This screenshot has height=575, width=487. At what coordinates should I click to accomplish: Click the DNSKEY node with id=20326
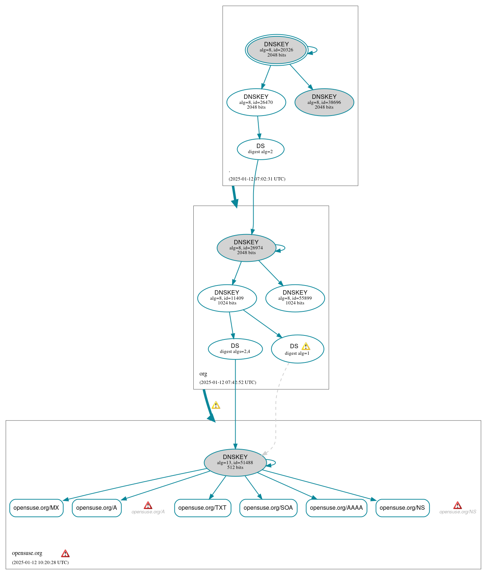pos(277,50)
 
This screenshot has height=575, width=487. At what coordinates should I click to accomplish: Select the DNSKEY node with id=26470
pos(256,102)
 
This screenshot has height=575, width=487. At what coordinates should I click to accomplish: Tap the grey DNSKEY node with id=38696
pos(324,102)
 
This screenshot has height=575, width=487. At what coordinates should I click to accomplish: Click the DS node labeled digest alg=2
pos(260,149)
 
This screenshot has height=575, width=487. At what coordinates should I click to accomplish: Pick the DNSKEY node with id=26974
pos(246,248)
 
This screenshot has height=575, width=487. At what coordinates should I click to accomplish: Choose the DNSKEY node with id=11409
pos(227,298)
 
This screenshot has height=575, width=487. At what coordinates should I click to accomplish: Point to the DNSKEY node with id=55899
pos(295,298)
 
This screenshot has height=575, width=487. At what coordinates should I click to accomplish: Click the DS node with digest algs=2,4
pos(235,349)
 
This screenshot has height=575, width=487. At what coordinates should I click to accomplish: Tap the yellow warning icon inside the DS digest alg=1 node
pos(306,346)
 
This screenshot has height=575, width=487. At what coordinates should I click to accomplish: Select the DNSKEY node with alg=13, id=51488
pos(235,462)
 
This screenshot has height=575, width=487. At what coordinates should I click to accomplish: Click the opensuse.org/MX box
pos(36,508)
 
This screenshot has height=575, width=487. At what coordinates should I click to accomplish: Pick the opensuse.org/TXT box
pos(202,508)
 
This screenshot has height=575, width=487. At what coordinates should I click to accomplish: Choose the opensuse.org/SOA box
pos(268,508)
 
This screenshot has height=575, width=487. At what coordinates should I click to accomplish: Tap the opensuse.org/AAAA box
pos(336,508)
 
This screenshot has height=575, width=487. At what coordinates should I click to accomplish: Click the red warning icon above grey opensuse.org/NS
pos(457,505)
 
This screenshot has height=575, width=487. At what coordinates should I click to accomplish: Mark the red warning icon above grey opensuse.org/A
pos(148,505)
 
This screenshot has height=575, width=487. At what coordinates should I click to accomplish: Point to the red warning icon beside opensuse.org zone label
pos(65,553)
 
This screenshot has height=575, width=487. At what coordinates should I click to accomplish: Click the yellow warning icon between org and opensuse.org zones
pos(216,405)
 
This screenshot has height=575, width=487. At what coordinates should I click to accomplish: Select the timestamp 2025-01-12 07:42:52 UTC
pos(228,382)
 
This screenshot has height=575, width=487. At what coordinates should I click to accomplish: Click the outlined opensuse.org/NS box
pos(402,508)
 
